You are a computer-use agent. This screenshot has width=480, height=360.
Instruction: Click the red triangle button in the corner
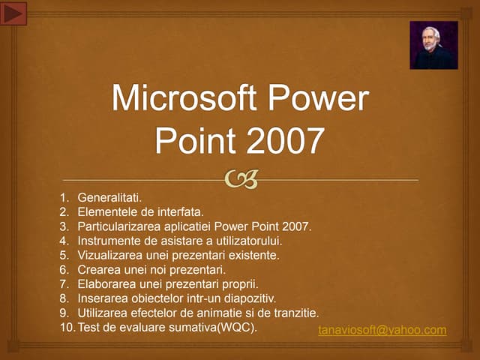15,13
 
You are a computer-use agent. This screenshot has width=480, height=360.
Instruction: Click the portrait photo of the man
433,45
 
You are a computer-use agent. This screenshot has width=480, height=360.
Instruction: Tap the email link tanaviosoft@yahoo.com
382,330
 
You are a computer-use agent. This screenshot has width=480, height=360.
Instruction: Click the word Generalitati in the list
109,198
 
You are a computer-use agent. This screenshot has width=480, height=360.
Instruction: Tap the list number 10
66,326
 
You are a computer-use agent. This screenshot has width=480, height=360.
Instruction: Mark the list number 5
64,255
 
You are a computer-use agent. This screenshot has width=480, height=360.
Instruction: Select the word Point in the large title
194,139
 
